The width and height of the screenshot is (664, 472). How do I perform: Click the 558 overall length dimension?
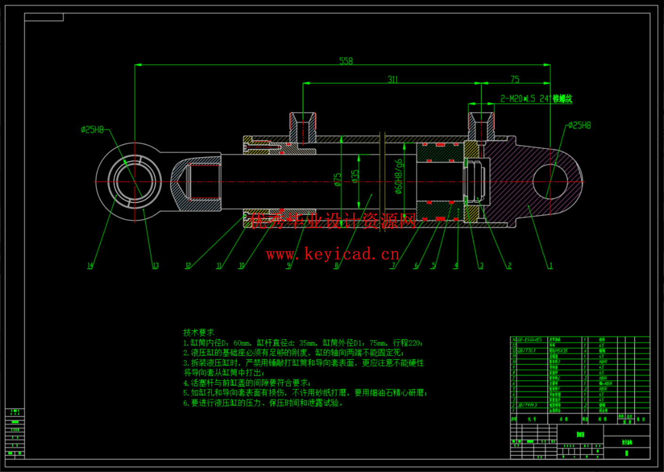click(x=346, y=61)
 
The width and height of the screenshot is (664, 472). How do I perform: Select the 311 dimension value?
click(x=392, y=79)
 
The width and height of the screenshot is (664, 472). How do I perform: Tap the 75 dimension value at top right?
click(x=515, y=79)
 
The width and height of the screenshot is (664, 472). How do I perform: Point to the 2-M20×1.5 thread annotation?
click(x=536, y=99)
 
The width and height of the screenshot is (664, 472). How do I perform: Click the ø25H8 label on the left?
click(x=92, y=129)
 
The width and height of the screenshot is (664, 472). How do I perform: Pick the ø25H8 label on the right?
click(x=579, y=125)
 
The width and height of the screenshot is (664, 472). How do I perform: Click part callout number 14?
click(x=90, y=266)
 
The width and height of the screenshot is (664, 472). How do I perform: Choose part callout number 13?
click(x=155, y=266)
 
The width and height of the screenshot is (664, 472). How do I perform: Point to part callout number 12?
click(x=188, y=266)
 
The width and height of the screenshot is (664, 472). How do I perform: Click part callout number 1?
click(x=550, y=266)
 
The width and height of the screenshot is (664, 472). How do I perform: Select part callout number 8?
click(x=336, y=266)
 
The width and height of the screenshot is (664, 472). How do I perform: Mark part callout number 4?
click(x=456, y=266)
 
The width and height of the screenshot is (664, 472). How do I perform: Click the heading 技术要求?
click(x=199, y=332)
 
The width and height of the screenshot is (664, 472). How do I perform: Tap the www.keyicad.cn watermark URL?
click(x=332, y=254)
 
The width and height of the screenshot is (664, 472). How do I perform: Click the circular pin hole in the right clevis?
click(x=550, y=181)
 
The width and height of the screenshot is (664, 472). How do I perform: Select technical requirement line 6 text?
click(x=263, y=403)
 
